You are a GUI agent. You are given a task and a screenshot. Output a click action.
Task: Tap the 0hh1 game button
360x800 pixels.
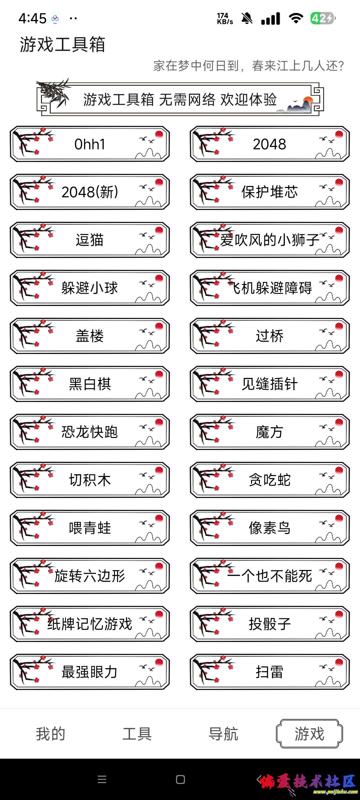90,144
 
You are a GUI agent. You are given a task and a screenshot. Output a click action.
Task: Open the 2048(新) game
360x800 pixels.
90,192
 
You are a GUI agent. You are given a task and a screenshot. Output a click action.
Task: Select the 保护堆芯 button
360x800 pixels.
270,192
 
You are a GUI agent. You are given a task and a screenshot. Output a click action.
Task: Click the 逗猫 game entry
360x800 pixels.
90,240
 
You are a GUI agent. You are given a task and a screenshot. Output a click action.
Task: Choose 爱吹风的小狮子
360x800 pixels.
270,240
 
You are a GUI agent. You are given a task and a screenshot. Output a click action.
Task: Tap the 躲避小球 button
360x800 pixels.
90,288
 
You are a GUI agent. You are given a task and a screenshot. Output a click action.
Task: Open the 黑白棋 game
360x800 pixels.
90,384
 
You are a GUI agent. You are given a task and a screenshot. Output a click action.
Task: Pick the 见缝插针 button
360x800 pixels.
270,384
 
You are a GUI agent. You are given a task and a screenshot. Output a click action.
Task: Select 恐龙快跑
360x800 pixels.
90,432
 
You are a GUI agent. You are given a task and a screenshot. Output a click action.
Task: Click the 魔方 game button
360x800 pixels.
270,432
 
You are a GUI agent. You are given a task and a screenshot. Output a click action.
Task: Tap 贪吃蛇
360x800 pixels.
270,480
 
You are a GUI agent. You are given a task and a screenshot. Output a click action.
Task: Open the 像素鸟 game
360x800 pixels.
270,528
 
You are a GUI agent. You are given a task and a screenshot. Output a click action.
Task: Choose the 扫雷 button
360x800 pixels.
270,672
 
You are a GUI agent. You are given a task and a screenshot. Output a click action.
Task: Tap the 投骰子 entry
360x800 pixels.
270,624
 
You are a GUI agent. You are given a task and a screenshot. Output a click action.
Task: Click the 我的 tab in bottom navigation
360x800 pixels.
51,734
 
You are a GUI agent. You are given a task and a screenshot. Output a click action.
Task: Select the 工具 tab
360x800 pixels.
137,734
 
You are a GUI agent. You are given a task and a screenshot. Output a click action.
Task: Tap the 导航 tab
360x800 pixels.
223,734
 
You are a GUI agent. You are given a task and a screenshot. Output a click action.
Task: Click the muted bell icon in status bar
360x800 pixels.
247,19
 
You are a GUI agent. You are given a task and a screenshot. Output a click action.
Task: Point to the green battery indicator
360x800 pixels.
322,18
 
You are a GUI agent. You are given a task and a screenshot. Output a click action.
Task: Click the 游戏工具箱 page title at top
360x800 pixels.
63,44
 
